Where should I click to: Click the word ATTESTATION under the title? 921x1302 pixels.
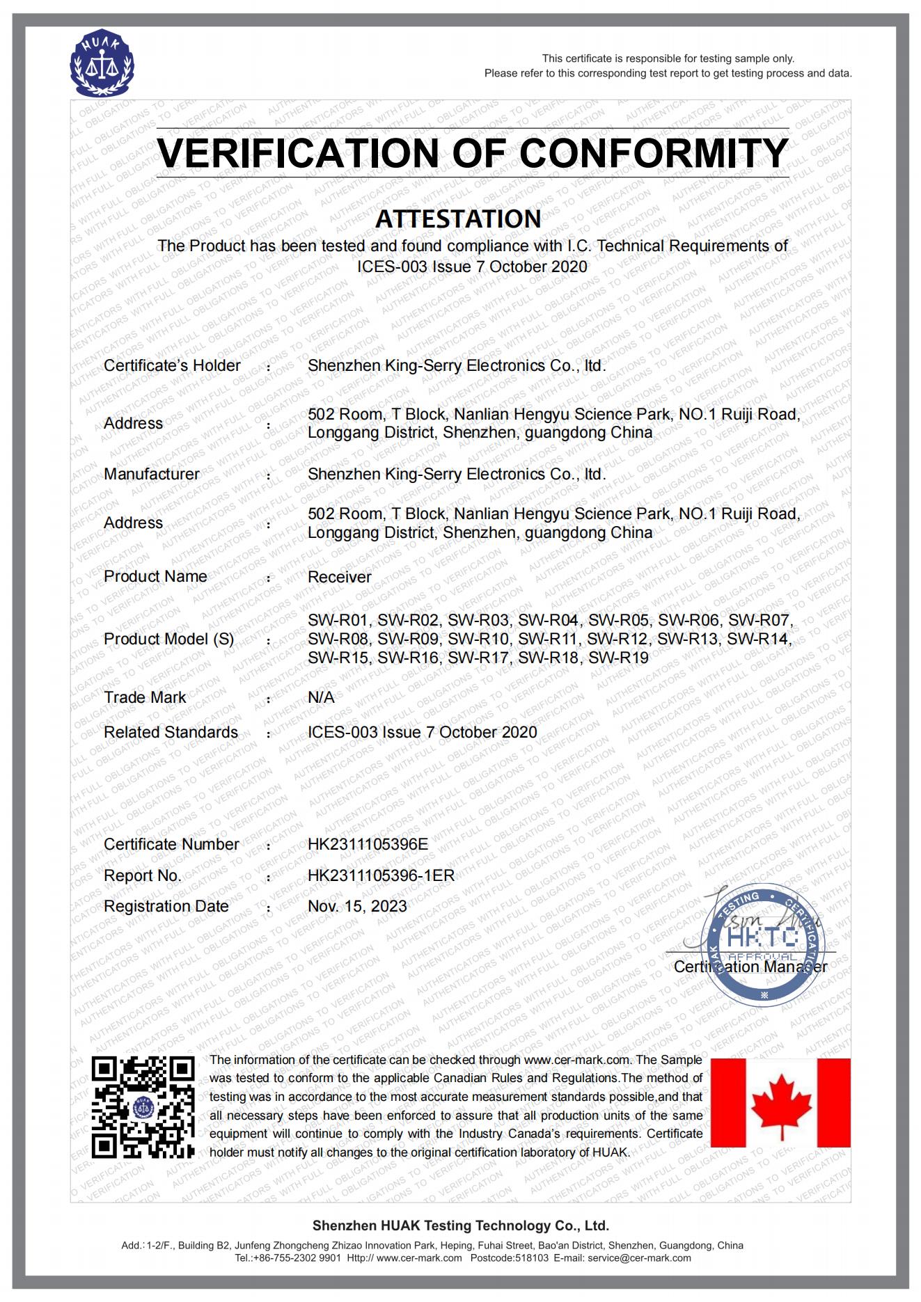click(x=458, y=219)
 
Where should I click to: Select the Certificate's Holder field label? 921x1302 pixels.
click(x=172, y=365)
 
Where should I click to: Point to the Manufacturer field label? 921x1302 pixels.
click(x=151, y=474)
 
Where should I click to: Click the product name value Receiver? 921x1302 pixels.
click(x=339, y=577)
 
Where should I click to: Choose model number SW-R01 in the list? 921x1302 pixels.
click(x=339, y=620)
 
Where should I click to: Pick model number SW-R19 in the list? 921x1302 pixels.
click(x=618, y=658)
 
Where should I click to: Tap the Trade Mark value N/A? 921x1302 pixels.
click(x=321, y=697)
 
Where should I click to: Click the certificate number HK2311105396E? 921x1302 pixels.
click(x=368, y=844)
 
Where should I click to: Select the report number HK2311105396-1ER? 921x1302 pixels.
click(x=381, y=875)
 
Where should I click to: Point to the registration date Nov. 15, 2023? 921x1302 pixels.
click(x=357, y=906)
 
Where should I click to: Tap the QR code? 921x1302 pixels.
click(x=143, y=1107)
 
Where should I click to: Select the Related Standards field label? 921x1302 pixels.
click(x=171, y=732)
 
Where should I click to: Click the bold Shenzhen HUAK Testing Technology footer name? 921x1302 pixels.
click(x=460, y=1225)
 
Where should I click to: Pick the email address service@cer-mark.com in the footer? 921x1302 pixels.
click(x=639, y=1257)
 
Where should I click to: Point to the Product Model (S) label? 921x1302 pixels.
click(x=168, y=639)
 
